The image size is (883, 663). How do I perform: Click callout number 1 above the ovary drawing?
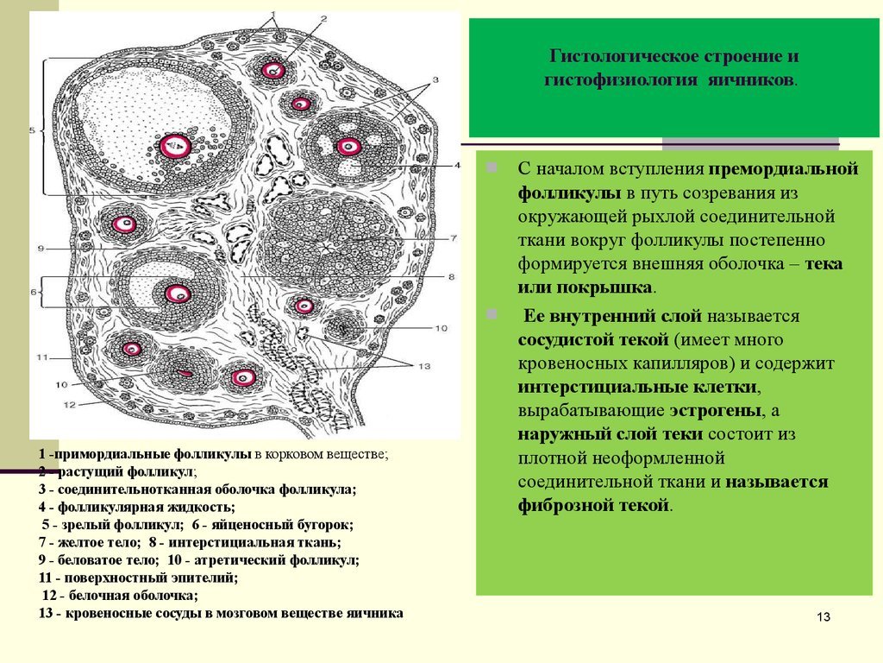(274, 15)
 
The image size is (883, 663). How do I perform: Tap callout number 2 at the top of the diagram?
(323, 18)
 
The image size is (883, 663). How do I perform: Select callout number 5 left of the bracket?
(32, 131)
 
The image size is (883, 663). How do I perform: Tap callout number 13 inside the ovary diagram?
(423, 367)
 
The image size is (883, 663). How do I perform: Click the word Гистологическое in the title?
(621, 57)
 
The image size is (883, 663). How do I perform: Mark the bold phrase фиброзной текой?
(594, 505)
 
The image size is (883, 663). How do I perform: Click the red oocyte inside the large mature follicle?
(176, 147)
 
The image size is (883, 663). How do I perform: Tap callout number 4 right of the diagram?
(458, 165)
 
